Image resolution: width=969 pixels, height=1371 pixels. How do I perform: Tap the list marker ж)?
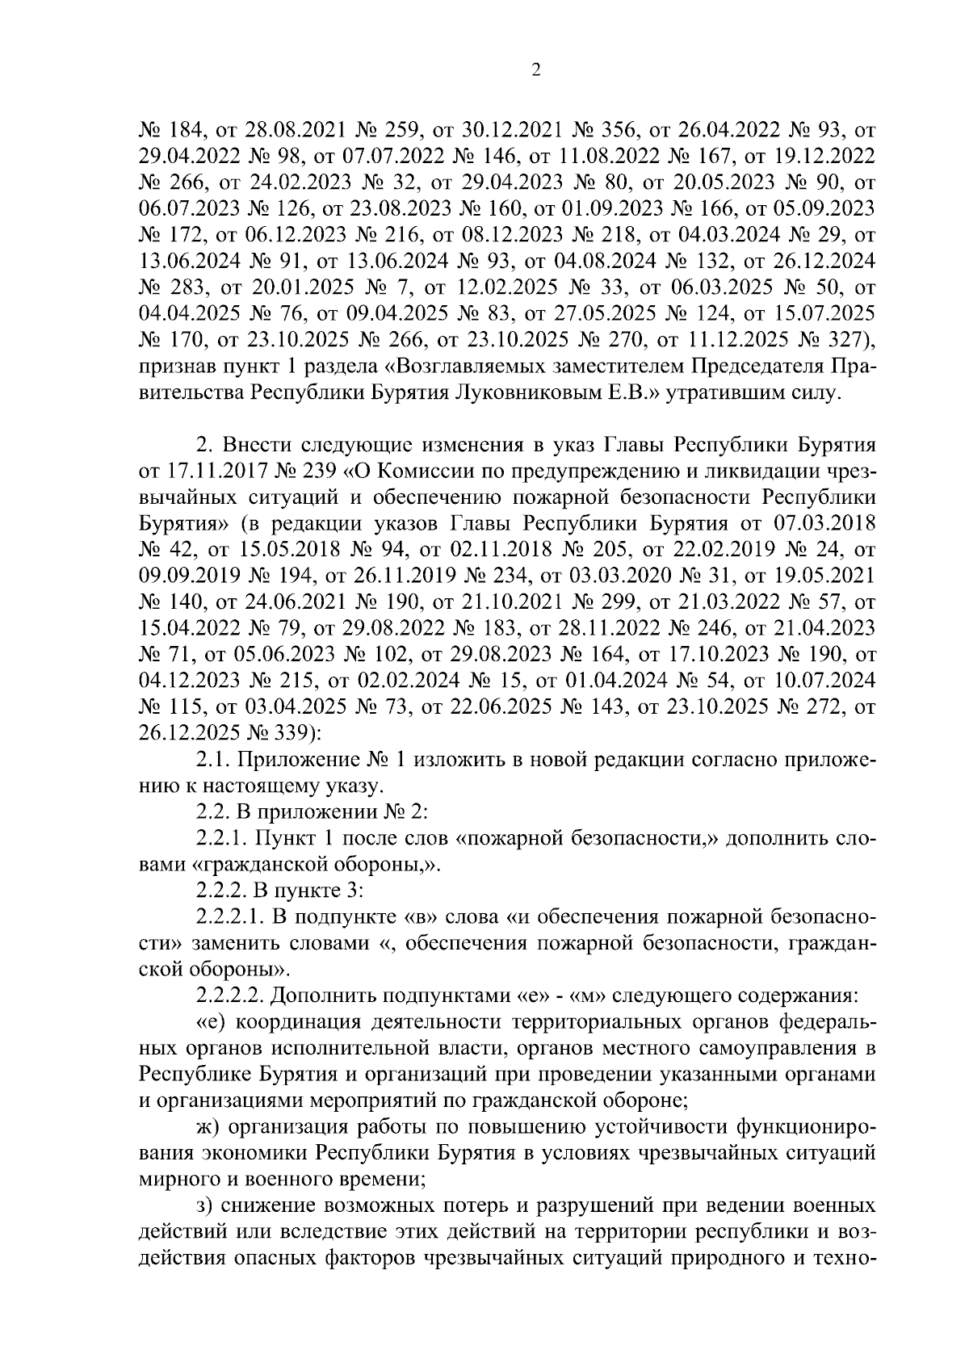208,1126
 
